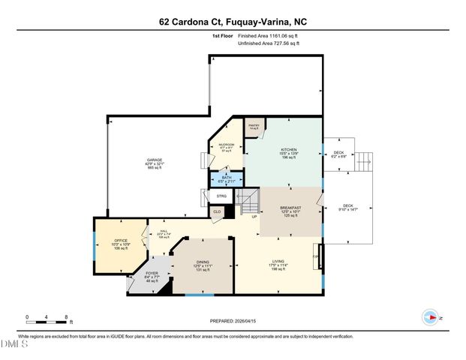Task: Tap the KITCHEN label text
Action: click(289, 149)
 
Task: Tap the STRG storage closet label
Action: click(221, 196)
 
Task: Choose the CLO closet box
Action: click(217, 211)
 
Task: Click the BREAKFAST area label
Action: click(290, 208)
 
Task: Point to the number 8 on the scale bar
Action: click(68, 317)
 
